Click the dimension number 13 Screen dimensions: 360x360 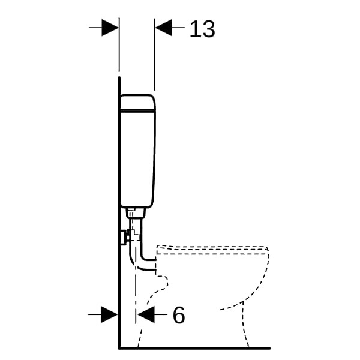(x=202, y=29)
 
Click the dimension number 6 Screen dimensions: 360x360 (x=179, y=315)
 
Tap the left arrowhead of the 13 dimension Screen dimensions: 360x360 (x=110, y=28)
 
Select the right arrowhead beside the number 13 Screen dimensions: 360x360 (x=164, y=28)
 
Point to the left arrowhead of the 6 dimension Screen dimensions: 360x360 (x=110, y=314)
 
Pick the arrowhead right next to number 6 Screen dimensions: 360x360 (x=146, y=314)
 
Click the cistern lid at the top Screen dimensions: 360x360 (x=137, y=103)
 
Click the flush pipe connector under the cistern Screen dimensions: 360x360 (x=136, y=213)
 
